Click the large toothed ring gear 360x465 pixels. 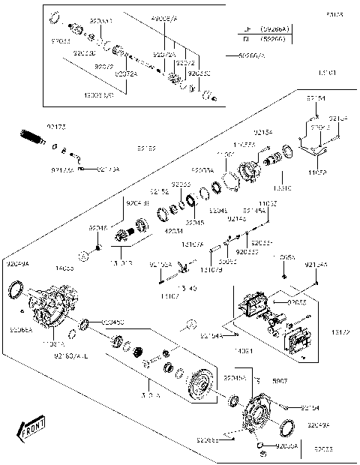point(201,385)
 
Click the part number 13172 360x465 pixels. point(340,330)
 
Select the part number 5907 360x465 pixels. point(278,380)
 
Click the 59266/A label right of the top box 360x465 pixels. point(251,55)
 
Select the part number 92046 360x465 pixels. point(97,226)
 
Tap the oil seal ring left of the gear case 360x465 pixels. point(15,291)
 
